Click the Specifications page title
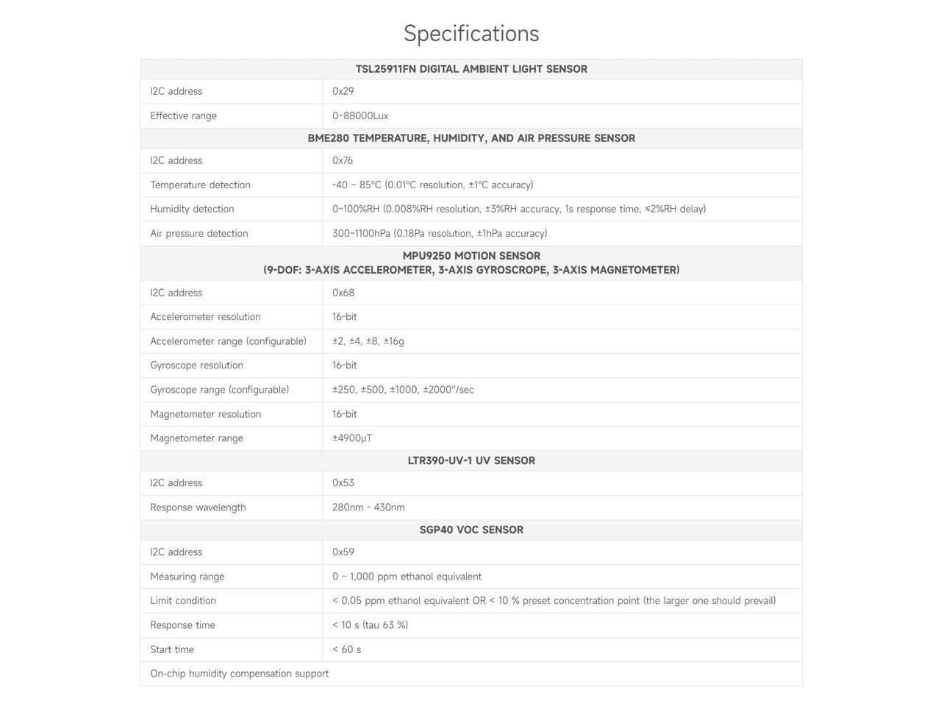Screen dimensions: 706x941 click(471, 33)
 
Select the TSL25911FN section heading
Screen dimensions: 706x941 click(471, 69)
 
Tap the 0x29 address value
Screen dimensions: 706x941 click(343, 91)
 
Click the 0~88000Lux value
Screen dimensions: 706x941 click(360, 115)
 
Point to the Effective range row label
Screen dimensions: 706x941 click(183, 115)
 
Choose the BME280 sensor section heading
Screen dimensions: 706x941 click(471, 138)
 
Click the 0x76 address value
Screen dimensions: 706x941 click(343, 160)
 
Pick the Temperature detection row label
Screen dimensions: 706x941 click(200, 185)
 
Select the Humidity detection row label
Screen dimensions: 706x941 click(192, 209)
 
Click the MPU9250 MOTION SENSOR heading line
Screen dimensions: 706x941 click(471, 256)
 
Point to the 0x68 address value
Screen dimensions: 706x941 click(343, 293)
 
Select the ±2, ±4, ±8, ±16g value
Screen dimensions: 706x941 click(368, 341)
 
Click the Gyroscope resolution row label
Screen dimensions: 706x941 click(196, 366)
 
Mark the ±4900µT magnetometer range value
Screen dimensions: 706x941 click(352, 438)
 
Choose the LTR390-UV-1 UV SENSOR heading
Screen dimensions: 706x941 click(471, 461)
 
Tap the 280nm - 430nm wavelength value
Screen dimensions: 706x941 click(368, 507)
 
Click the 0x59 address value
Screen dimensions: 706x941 click(343, 552)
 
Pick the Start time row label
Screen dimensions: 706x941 click(172, 649)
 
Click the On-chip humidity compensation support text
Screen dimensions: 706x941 click(239, 674)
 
